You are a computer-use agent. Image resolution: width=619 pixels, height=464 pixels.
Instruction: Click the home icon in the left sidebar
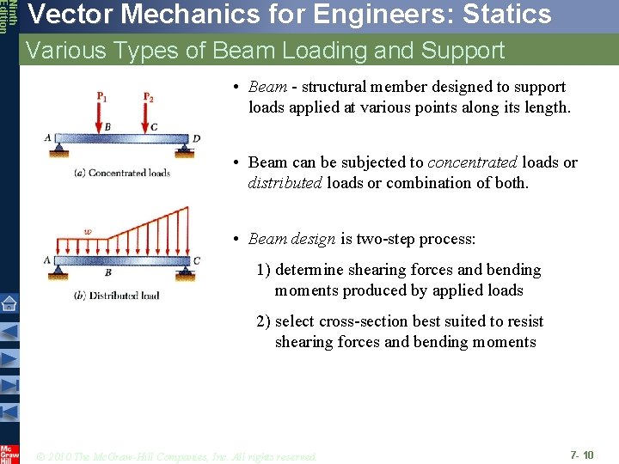(x=9, y=303)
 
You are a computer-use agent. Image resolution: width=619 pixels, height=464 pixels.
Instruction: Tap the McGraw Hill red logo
(x=9, y=454)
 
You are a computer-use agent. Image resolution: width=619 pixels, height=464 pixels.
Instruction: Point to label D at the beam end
(x=197, y=138)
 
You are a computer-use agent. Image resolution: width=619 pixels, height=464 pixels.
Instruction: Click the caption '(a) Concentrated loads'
(x=122, y=173)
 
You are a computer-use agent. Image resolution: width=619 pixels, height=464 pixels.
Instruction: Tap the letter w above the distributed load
(x=87, y=230)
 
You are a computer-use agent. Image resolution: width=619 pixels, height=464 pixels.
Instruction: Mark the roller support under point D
(x=184, y=150)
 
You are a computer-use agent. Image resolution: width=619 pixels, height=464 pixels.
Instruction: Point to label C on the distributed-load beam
(x=197, y=260)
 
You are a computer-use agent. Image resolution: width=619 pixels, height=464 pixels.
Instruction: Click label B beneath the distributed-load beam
(x=107, y=272)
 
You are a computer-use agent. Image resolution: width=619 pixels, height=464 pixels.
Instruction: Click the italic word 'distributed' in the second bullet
(x=285, y=183)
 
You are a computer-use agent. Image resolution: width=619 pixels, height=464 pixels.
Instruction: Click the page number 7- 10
(x=581, y=454)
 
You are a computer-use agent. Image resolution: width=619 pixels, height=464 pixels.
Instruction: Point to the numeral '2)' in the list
(x=264, y=321)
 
